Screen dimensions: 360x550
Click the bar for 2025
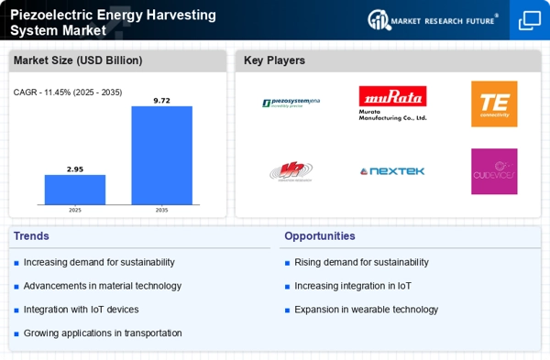[75, 190]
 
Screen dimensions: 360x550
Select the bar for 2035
[161, 155]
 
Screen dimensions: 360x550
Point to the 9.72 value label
[161, 99]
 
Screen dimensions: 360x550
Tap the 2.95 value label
[75, 169]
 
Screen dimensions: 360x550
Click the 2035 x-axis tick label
[161, 210]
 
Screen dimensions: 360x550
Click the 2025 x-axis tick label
[75, 210]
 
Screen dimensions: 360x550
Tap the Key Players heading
[274, 61]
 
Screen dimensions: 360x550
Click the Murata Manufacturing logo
[392, 104]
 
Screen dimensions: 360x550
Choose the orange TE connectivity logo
[493, 104]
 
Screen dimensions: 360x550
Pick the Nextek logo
[392, 171]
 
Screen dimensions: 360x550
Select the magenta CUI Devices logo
[493, 171]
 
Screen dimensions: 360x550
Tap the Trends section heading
[33, 236]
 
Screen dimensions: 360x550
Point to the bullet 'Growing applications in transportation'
[103, 333]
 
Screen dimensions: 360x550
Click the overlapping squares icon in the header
[529, 19]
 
